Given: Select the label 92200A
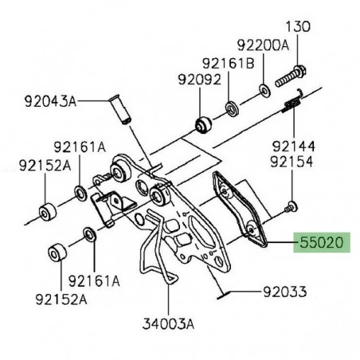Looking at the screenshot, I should tap(263, 46).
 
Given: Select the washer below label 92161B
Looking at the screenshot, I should tap(229, 106).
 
